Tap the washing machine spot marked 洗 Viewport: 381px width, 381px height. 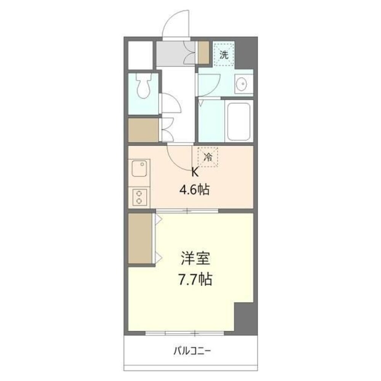tap(224, 54)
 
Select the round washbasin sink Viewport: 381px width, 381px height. tap(242, 83)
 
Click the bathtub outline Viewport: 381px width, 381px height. tap(239, 121)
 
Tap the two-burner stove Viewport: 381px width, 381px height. tap(139, 197)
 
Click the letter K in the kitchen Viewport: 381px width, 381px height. tap(195, 173)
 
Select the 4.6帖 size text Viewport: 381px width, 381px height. tap(195, 189)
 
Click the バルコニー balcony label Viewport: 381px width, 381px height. tap(192, 351)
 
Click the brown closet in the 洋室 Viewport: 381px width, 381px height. tap(140, 239)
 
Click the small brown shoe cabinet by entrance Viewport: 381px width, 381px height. tap(204, 52)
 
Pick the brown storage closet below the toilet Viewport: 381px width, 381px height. tap(143, 130)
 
